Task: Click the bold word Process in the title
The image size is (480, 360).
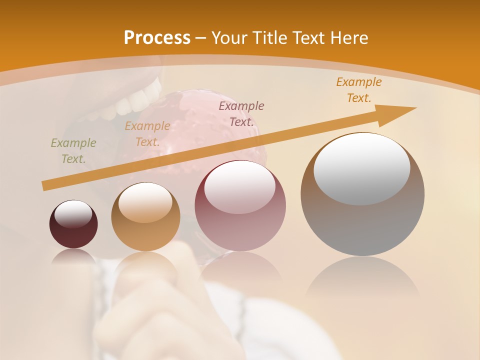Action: click(x=157, y=38)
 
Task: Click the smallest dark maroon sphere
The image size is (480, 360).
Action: click(x=73, y=224)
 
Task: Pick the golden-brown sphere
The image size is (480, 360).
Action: click(x=145, y=216)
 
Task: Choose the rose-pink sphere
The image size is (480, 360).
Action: click(x=240, y=205)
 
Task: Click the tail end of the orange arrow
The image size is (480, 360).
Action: click(x=45, y=186)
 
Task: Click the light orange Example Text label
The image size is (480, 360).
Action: click(x=147, y=134)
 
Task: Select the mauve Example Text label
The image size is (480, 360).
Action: click(x=241, y=113)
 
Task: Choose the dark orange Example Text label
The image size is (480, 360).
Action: click(x=359, y=90)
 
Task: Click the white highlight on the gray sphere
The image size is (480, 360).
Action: click(x=361, y=168)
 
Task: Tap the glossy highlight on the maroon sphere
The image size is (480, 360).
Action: click(x=73, y=214)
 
